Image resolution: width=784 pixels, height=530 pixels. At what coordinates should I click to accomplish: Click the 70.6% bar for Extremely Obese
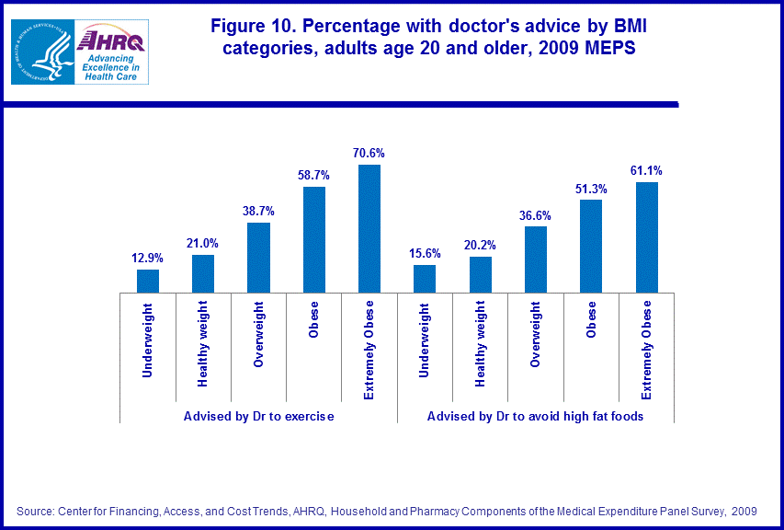369,228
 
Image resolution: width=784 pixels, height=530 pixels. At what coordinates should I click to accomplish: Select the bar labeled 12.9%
148,281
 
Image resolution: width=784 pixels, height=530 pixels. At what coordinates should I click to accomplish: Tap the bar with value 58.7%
314,239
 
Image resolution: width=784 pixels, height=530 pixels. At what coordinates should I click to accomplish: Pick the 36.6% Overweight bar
536,259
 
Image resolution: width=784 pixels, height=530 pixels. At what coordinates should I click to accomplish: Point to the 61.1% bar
647,237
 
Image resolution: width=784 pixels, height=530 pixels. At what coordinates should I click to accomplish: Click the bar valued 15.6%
425,279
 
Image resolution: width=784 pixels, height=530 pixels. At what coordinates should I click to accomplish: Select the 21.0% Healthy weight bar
203,273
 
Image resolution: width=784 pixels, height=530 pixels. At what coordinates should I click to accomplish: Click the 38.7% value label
258,211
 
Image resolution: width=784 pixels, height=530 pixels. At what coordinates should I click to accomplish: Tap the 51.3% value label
591,189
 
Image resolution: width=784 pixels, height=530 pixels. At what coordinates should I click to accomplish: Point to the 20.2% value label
480,246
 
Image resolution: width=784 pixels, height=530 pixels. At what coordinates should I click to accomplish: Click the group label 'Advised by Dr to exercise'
258,416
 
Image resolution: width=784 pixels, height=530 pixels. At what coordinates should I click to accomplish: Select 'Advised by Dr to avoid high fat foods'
535,416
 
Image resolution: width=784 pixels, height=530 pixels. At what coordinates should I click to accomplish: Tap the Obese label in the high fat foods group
591,319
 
